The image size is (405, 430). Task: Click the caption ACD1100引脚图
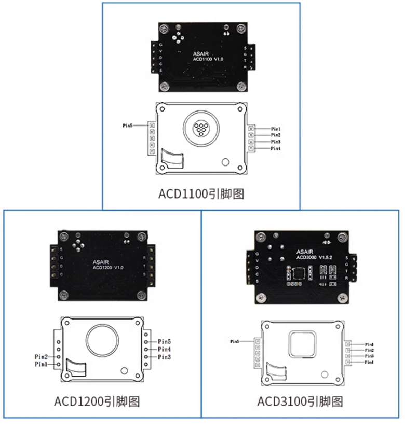(x=201, y=194)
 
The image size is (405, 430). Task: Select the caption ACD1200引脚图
(x=97, y=401)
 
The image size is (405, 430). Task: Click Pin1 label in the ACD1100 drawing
(x=276, y=129)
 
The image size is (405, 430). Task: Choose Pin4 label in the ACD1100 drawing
(x=276, y=149)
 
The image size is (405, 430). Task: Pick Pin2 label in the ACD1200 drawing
(x=41, y=357)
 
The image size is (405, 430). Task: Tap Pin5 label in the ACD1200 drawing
(x=165, y=341)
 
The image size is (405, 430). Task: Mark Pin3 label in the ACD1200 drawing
(x=165, y=357)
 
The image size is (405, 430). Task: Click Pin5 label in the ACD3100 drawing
(x=235, y=341)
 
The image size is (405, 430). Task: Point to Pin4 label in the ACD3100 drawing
(x=369, y=362)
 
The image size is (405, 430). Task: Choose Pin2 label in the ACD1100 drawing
(x=276, y=135)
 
